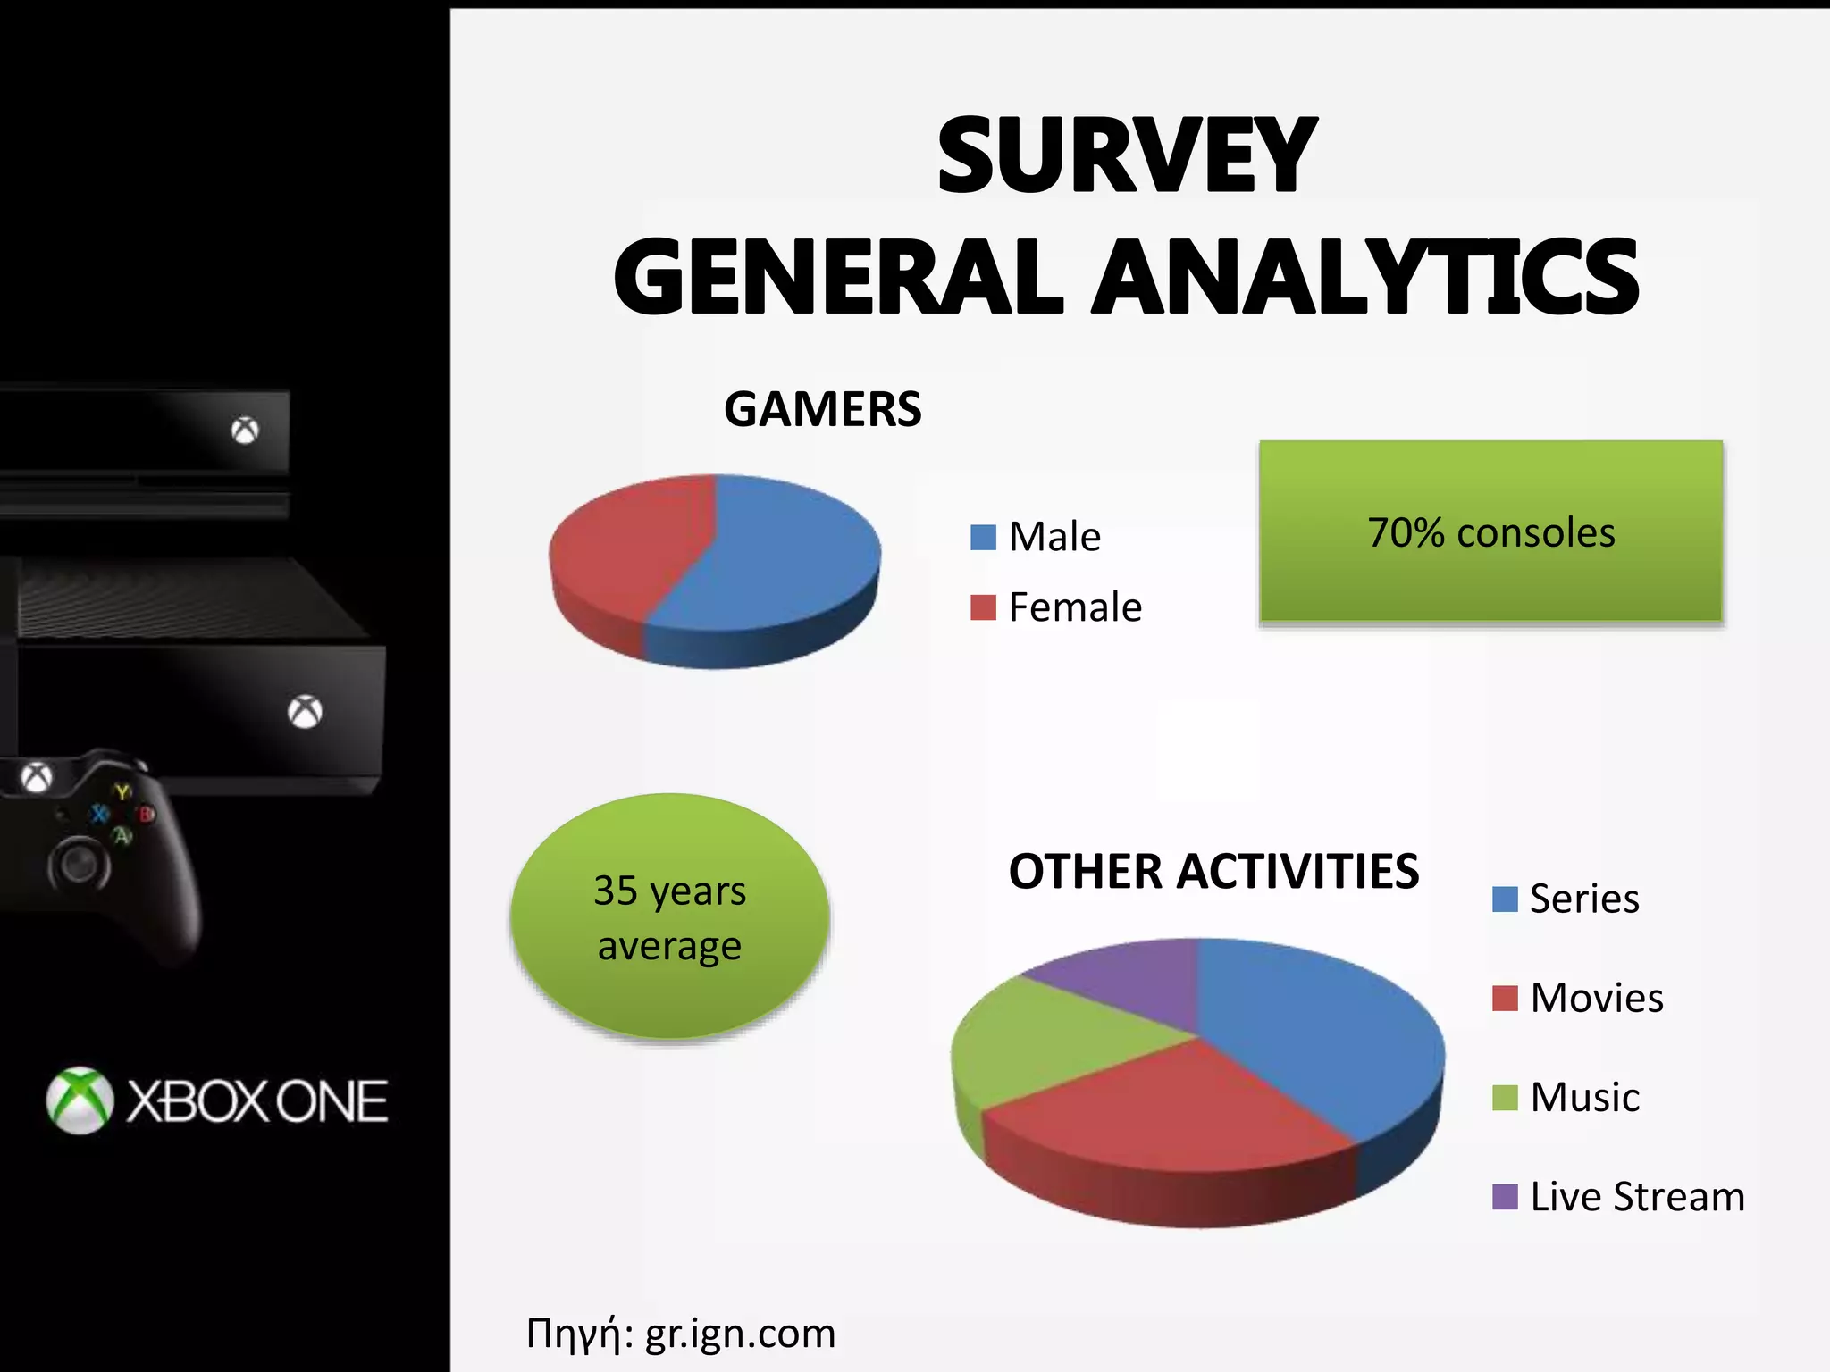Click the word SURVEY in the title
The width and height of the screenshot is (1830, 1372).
(x=1126, y=156)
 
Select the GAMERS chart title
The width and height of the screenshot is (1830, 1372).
(x=822, y=410)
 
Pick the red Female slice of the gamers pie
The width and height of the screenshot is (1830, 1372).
(x=625, y=545)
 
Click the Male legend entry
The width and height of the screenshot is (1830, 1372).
(x=1037, y=537)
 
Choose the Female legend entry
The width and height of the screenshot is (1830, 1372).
(x=1056, y=607)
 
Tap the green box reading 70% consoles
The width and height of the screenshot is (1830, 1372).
(x=1490, y=531)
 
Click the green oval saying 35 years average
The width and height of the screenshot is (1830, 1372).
(x=670, y=917)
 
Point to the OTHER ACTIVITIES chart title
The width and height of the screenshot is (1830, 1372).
(x=1213, y=872)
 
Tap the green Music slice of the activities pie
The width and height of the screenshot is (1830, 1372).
(x=1045, y=1045)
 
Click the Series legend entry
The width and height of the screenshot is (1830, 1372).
(x=1567, y=899)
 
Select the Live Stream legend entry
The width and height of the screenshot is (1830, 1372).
(x=1619, y=1197)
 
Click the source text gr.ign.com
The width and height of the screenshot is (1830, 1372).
(x=740, y=1334)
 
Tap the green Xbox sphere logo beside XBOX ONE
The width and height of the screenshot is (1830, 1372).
(x=80, y=1100)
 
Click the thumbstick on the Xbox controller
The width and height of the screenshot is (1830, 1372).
(x=80, y=864)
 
